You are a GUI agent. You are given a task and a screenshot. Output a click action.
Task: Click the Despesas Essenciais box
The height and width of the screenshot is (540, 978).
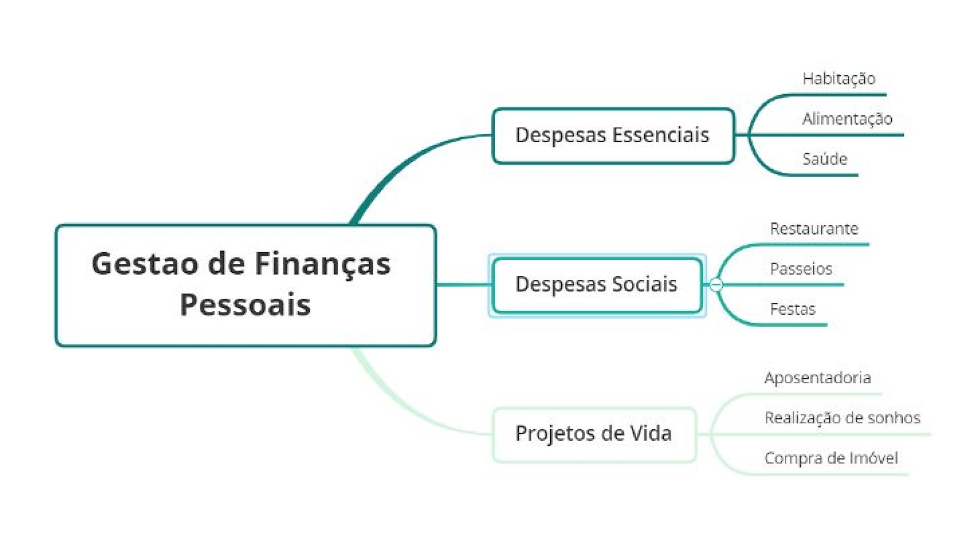pyautogui.click(x=612, y=136)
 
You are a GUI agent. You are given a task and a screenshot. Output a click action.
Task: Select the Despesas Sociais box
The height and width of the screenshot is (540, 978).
pyautogui.click(x=596, y=285)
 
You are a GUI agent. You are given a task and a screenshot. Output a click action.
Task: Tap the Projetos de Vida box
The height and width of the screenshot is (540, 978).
pyautogui.click(x=593, y=434)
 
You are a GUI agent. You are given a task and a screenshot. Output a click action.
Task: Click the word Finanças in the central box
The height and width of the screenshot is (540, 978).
pyautogui.click(x=322, y=265)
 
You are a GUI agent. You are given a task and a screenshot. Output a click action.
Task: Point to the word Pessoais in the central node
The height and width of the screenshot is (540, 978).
pyautogui.click(x=245, y=304)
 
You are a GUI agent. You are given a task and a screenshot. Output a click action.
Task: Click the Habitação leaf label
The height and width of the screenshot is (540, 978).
pyautogui.click(x=839, y=79)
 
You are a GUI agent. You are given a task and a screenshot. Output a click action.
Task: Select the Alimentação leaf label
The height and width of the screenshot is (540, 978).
pyautogui.click(x=847, y=119)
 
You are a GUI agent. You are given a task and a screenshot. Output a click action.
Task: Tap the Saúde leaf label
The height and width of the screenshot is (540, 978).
pyautogui.click(x=825, y=159)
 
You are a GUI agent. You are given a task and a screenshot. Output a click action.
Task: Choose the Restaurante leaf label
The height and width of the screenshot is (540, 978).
pyautogui.click(x=814, y=229)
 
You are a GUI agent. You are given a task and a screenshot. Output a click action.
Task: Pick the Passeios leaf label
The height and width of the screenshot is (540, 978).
pyautogui.click(x=801, y=269)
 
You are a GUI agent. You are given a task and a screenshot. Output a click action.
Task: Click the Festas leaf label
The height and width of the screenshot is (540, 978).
pyautogui.click(x=792, y=310)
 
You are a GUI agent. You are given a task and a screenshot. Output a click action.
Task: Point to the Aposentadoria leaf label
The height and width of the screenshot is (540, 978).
pyautogui.click(x=817, y=378)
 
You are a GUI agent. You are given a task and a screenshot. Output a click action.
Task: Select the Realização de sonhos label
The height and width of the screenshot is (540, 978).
pyautogui.click(x=842, y=418)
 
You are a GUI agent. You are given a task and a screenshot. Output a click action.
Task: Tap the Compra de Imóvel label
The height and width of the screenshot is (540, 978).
pyautogui.click(x=831, y=459)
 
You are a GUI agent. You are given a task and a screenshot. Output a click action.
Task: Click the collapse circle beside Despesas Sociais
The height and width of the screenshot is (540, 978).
pyautogui.click(x=716, y=285)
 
